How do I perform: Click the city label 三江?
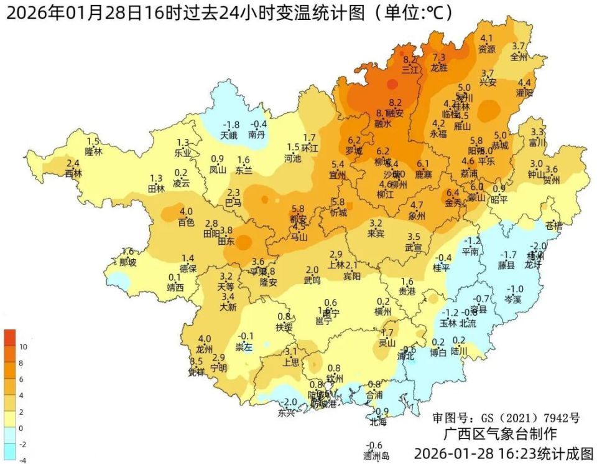[x=410, y=70]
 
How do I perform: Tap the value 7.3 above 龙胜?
[x=439, y=58]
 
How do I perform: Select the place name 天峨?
[x=229, y=135]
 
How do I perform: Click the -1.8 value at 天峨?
[x=231, y=125]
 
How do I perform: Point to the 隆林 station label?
[x=93, y=151]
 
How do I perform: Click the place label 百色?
[x=186, y=222]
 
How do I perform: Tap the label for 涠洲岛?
[x=376, y=456]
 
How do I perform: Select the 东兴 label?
[x=287, y=412]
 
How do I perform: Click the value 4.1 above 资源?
[x=486, y=39]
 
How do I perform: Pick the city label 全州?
[x=518, y=57]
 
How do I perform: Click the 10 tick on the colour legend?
[x=24, y=346]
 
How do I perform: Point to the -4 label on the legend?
[x=22, y=460]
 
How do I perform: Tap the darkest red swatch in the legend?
[x=10, y=338]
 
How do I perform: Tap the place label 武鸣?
[x=312, y=280]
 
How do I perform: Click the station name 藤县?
[x=506, y=265]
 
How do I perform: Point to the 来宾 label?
[x=376, y=234]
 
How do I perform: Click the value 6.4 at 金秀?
[x=453, y=193]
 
